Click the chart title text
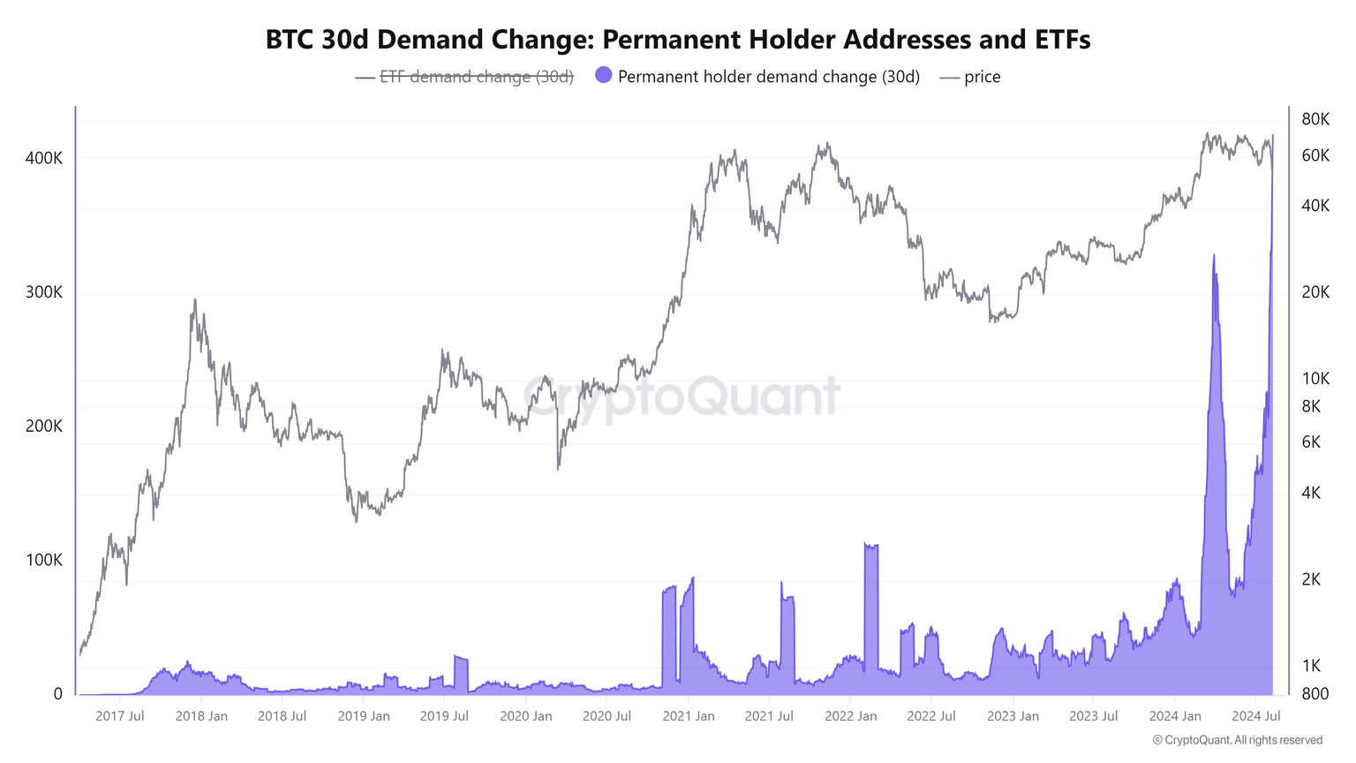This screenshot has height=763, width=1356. [678, 40]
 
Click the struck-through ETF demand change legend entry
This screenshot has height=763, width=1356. [476, 77]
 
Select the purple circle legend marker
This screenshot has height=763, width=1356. [604, 75]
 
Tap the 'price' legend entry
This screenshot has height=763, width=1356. [982, 77]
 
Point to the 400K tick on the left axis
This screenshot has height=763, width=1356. [44, 158]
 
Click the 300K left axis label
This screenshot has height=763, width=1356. [44, 292]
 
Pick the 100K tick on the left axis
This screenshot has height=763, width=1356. [44, 560]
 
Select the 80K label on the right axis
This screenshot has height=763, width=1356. [1315, 119]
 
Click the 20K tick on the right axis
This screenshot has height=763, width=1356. [1315, 292]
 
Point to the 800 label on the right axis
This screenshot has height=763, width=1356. [1315, 693]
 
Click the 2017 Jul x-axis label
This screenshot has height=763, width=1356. [120, 715]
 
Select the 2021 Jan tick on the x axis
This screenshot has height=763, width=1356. [689, 715]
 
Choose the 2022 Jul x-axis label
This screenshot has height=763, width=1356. [931, 715]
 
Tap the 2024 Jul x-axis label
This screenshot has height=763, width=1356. [1256, 715]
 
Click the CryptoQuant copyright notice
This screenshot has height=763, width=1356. [1238, 740]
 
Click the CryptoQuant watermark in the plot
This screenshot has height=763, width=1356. [682, 396]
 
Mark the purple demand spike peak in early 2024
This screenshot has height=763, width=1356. [1214, 256]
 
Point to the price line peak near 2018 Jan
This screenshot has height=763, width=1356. [194, 300]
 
